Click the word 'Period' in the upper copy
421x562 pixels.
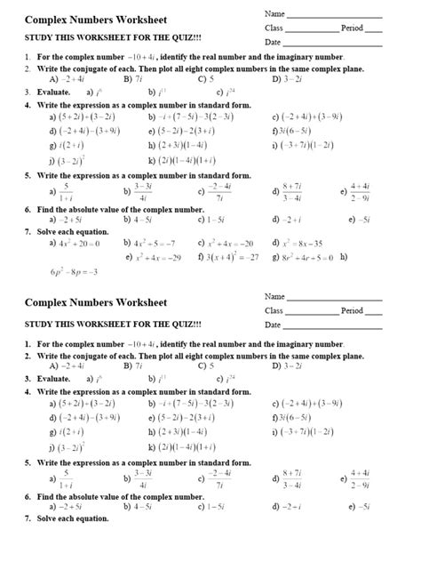pyautogui.click(x=353, y=28)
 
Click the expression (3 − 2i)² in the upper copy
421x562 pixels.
pyautogui.click(x=70, y=160)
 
